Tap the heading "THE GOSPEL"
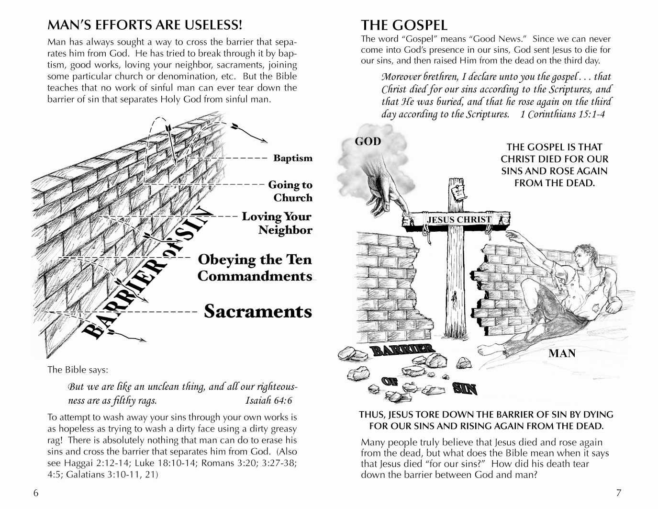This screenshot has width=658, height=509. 404,25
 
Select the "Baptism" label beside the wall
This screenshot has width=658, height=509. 292,158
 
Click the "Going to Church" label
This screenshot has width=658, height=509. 290,191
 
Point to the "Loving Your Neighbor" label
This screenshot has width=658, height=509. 277,223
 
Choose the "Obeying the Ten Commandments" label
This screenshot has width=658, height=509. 255,268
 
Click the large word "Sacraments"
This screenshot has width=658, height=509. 258,311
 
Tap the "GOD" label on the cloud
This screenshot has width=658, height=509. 368,141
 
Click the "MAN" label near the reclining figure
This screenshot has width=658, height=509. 562,354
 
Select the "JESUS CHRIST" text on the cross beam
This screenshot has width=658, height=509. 459,220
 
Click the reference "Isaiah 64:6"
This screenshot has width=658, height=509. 268,400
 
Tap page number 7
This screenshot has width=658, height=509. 618,493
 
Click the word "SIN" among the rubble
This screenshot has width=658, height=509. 465,388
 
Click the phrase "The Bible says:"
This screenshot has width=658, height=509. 78,370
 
